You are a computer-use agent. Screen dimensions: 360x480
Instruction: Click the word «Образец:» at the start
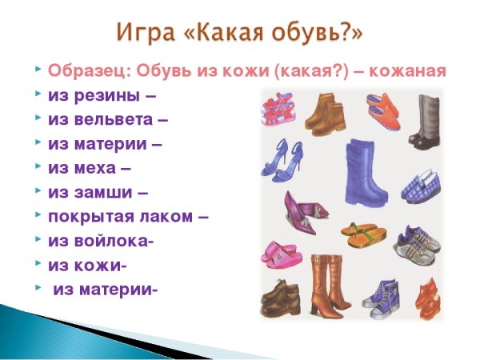[84, 70]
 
